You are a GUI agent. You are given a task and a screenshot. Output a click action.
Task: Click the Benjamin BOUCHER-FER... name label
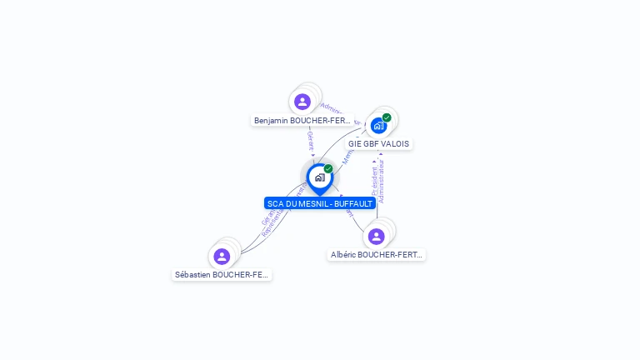pyautogui.click(x=302, y=121)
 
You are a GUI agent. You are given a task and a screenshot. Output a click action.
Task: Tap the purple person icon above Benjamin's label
pyautogui.click(x=302, y=102)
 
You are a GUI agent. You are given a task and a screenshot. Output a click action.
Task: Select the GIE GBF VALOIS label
pyautogui.click(x=379, y=144)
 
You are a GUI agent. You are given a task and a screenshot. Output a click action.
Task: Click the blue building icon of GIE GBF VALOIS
pyautogui.click(x=378, y=127)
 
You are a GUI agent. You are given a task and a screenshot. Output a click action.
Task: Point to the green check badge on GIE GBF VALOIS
pyautogui.click(x=387, y=117)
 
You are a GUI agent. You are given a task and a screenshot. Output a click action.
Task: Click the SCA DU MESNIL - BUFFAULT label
pyautogui.click(x=320, y=203)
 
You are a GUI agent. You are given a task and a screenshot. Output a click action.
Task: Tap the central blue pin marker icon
pyautogui.click(x=319, y=177)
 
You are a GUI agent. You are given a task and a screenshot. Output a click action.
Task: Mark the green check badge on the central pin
pyautogui.click(x=328, y=168)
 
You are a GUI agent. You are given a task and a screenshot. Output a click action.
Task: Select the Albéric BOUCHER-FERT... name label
pyautogui.click(x=377, y=255)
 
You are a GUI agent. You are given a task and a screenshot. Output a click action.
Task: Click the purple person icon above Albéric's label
pyautogui.click(x=377, y=237)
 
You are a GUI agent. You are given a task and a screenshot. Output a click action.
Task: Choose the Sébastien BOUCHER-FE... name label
pyautogui.click(x=222, y=274)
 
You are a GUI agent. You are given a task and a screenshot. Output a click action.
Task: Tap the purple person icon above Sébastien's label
pyautogui.click(x=222, y=256)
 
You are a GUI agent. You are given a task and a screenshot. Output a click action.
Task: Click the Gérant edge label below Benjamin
pyautogui.click(x=310, y=140)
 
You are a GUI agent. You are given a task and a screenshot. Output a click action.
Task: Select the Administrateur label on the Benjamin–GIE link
pyautogui.click(x=335, y=110)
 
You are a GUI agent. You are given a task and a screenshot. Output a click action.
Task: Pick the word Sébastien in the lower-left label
pyautogui.click(x=192, y=274)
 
